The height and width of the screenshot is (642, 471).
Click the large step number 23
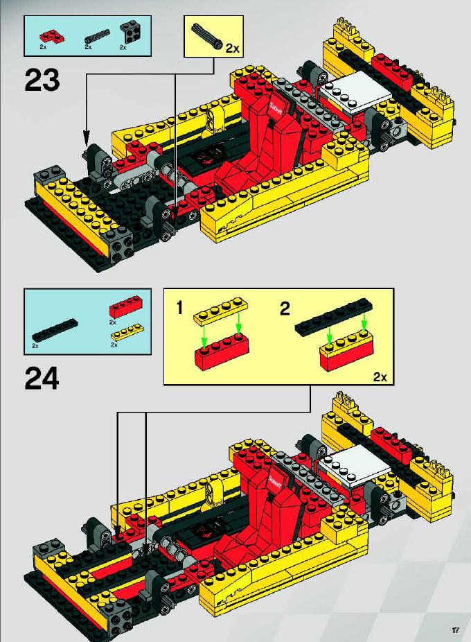tap(42, 81)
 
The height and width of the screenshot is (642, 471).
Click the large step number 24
tap(42, 378)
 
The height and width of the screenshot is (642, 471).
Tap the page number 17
tap(455, 630)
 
